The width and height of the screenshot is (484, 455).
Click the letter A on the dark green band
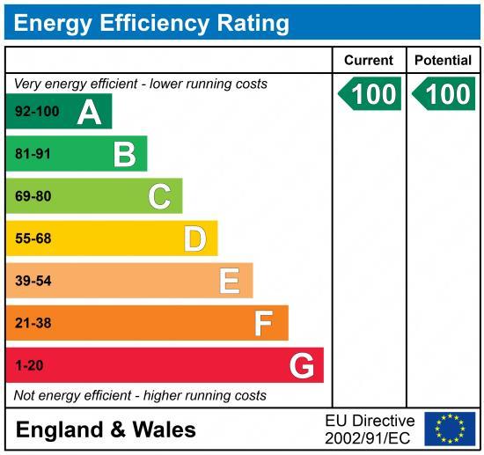(x=89, y=112)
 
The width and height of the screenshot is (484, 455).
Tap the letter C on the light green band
(x=159, y=196)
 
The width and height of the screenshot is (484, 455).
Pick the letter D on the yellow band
(x=194, y=239)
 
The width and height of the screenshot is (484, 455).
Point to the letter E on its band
(x=229, y=281)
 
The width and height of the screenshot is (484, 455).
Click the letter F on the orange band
(x=263, y=323)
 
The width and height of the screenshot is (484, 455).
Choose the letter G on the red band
(x=302, y=365)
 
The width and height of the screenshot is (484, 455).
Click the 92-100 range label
(x=36, y=112)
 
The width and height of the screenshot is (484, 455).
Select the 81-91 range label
(x=33, y=154)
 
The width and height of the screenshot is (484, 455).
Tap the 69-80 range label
(x=33, y=196)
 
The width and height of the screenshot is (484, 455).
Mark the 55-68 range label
(x=33, y=239)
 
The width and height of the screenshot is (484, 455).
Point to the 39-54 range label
(x=33, y=281)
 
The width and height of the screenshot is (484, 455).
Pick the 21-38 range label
(x=33, y=323)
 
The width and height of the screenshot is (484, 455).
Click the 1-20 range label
(x=29, y=365)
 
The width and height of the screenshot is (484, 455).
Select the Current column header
(x=369, y=61)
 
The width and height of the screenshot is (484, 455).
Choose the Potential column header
(x=443, y=61)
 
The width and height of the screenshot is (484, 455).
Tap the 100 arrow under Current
(x=370, y=94)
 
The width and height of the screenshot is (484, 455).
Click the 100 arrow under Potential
(x=444, y=94)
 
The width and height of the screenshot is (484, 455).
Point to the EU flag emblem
(x=449, y=429)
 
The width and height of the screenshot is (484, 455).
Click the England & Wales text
(x=106, y=429)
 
